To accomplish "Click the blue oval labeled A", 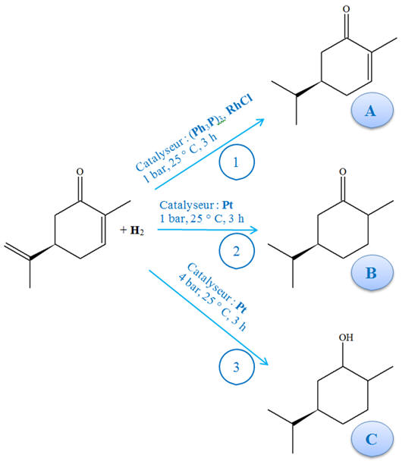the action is point(372,110).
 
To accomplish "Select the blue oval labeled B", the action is point(372,272).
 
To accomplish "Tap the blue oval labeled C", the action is point(372,439).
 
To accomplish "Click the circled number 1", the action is point(237,161).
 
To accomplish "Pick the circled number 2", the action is point(237,251).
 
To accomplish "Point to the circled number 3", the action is point(237,367).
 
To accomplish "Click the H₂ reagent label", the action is point(137,230).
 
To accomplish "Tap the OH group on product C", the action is point(346,337).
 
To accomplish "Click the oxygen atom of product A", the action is point(346,9).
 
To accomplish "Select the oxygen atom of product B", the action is point(343,171).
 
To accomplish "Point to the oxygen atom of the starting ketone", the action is point(80,171).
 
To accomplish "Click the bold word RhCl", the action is point(239,104).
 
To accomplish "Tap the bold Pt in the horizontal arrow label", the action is point(228,205).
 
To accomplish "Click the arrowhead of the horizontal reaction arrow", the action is point(255,230).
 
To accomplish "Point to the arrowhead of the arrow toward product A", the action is point(260,121).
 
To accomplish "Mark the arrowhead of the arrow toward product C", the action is point(264,362).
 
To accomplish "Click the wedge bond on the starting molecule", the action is point(42,252).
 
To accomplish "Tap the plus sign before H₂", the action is point(124,230).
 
